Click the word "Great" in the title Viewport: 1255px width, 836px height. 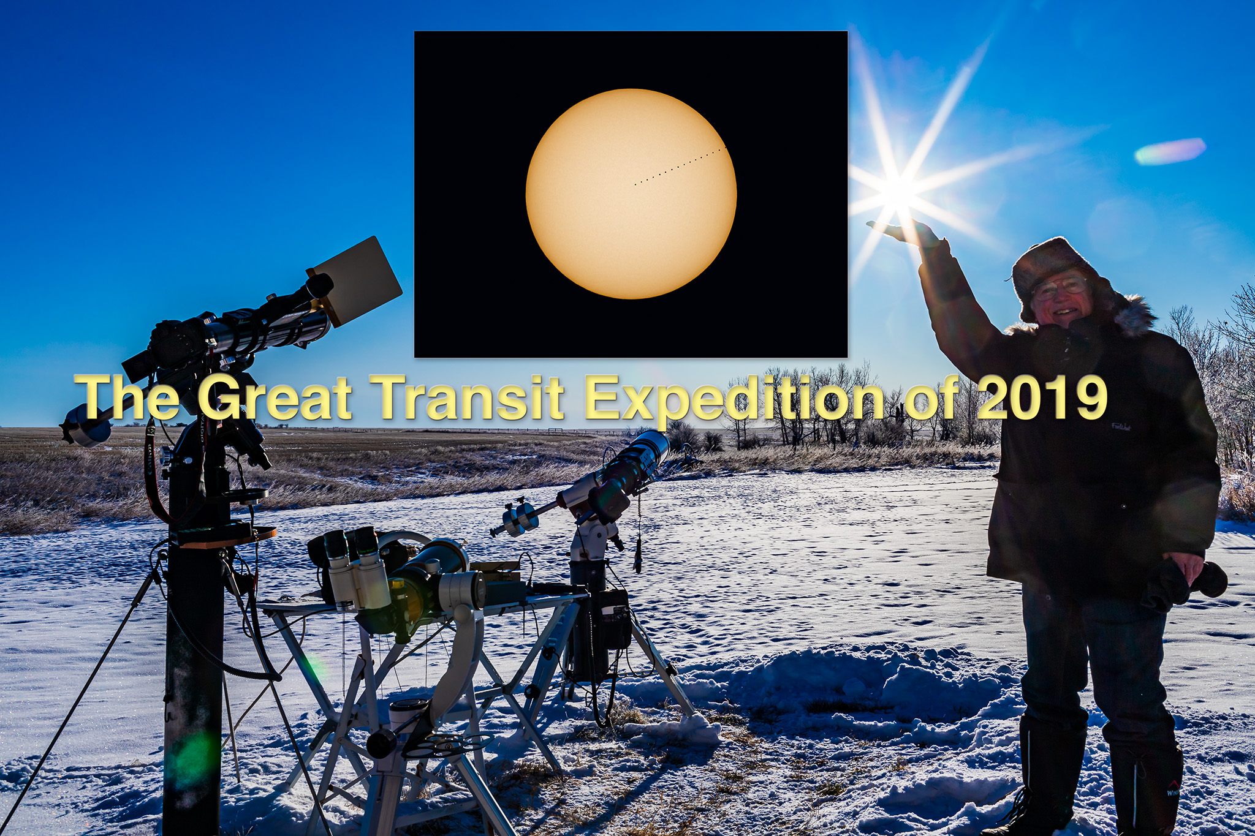tap(275, 397)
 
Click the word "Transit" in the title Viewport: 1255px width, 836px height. tap(471, 397)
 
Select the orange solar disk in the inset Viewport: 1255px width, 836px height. tap(631, 194)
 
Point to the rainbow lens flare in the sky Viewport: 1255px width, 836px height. tap(1170, 151)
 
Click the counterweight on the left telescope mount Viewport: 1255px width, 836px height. tap(86, 426)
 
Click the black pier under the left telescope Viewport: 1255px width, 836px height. tap(193, 674)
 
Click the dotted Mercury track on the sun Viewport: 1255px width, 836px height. tap(681, 165)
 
